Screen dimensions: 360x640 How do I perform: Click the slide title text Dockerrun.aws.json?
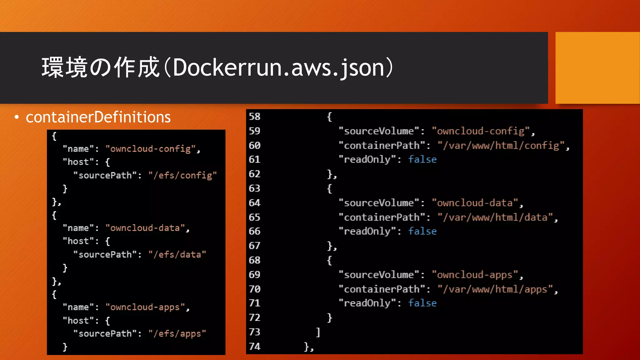(278, 67)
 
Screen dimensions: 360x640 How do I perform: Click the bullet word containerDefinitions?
(98, 117)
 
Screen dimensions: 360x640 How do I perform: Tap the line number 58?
(254, 117)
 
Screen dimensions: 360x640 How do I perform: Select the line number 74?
(254, 346)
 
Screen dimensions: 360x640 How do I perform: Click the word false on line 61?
(422, 159)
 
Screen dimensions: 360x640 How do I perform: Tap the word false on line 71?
(422, 303)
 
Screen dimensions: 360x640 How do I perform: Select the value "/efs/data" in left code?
(177, 254)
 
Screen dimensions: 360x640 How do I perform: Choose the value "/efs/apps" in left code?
(177, 333)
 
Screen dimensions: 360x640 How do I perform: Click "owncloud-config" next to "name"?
(151, 149)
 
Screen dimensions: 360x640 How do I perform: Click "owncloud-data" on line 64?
(475, 203)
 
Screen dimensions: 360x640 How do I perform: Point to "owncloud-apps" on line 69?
(475, 275)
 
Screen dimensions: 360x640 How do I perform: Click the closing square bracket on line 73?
(318, 332)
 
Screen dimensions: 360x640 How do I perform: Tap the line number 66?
(254, 231)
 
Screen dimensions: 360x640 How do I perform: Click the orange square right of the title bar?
(597, 67)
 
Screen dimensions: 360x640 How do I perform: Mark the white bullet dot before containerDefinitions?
(17, 117)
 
